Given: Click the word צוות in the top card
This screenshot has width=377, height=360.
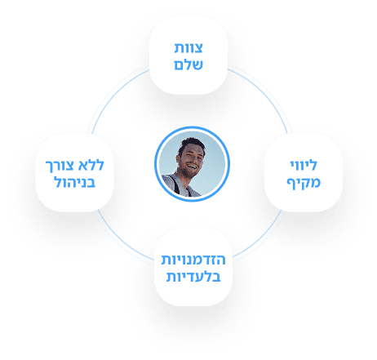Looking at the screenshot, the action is (x=188, y=48).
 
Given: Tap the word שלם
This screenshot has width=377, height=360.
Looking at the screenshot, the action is (x=188, y=64).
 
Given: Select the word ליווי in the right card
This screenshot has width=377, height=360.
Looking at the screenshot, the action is (x=304, y=165).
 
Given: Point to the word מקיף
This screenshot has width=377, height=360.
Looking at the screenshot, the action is (x=304, y=182).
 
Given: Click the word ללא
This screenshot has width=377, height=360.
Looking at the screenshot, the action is (x=91, y=165).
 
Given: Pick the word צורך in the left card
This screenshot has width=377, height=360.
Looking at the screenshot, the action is (x=60, y=166).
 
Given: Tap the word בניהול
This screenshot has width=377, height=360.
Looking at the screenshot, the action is (x=75, y=182).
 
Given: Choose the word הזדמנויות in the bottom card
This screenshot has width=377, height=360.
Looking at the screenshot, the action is (x=193, y=260).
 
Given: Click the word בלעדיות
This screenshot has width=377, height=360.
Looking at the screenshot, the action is (x=193, y=277).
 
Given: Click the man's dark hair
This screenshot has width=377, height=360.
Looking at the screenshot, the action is (x=191, y=144).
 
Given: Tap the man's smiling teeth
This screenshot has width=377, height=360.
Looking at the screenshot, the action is (x=193, y=166).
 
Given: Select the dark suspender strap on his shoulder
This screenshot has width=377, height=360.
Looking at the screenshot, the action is (x=175, y=184).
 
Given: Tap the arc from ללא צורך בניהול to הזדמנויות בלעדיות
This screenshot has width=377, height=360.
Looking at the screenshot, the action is (x=121, y=240).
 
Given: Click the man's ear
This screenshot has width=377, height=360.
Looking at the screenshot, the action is (x=179, y=158).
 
